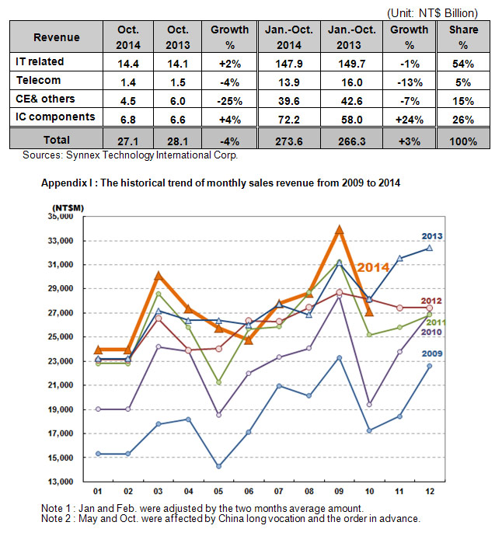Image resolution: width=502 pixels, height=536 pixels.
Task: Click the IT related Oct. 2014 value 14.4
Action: point(128,64)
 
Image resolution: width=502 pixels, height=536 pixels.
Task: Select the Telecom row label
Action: point(38,80)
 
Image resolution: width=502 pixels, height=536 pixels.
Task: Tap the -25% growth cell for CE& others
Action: point(229,101)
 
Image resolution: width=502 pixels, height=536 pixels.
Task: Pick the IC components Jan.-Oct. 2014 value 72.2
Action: point(289,120)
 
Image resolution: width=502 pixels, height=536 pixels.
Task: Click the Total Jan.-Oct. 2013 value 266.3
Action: point(351,141)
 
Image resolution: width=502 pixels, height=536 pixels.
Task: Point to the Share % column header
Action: point(463,37)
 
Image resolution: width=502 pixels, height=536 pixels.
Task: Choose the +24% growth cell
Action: point(410,120)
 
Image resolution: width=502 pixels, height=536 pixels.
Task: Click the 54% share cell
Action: point(463,64)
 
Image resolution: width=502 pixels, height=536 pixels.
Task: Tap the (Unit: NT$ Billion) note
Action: point(432,13)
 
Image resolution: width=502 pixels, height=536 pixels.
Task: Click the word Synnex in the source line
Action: point(83,155)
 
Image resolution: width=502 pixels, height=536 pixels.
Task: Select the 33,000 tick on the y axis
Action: point(61,241)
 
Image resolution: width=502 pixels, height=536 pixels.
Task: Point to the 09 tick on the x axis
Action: point(339,491)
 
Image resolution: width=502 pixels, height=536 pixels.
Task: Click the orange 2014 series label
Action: point(373,267)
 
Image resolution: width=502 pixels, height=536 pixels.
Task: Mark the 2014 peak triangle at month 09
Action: point(340,229)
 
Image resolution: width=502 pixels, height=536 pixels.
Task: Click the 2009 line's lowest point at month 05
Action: point(219,466)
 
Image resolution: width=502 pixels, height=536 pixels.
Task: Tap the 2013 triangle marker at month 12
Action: point(430,248)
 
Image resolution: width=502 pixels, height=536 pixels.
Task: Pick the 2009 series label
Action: point(432,353)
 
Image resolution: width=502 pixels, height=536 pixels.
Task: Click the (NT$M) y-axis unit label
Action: point(68,208)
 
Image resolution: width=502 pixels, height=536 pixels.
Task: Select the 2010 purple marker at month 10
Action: point(369,405)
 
